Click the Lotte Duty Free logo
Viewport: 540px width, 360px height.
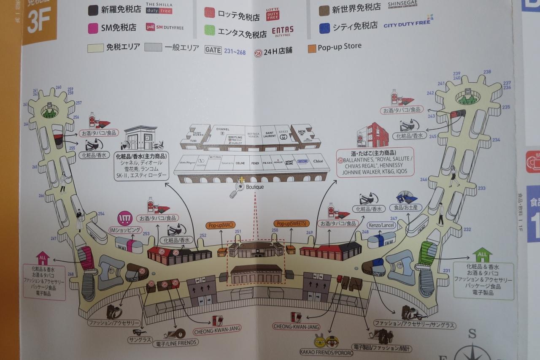tap(273, 14)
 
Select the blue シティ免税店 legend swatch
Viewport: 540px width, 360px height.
tap(324, 28)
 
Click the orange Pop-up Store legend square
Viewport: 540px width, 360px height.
tap(312, 47)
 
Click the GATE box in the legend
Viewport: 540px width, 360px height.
tap(213, 49)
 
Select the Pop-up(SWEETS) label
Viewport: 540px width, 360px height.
tap(292, 223)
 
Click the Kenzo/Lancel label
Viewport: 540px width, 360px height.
tap(382, 225)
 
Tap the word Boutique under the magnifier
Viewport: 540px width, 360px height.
tap(254, 186)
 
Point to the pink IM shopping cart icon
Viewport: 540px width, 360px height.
tap(125, 218)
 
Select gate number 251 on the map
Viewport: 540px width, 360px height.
tap(238, 231)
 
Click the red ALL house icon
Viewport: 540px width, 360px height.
tap(43, 257)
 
